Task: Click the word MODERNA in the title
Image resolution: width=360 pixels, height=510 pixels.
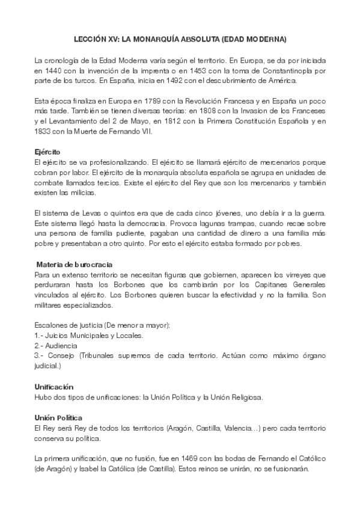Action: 264,39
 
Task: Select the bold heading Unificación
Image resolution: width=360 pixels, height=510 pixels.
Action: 58,387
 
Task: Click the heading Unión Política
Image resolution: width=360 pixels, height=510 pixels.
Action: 59,417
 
